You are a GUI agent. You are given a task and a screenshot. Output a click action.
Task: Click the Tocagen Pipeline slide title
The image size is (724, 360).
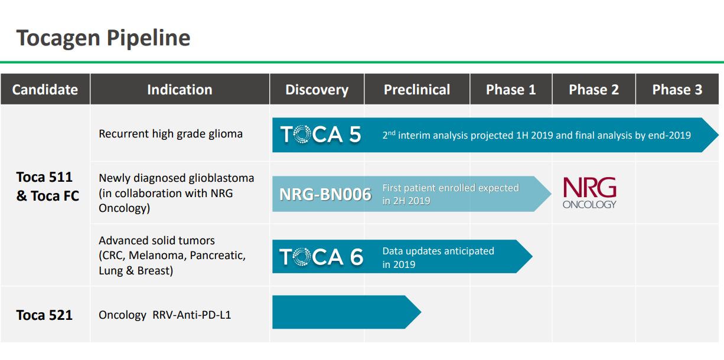click(x=103, y=38)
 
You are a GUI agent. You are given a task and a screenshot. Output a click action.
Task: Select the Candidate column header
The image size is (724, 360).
click(x=45, y=90)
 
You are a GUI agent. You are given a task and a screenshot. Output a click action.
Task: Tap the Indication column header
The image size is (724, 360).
click(x=180, y=90)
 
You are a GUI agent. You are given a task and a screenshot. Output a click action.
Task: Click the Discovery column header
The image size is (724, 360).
click(x=317, y=90)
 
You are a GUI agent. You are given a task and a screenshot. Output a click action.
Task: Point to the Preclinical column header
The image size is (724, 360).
click(x=417, y=90)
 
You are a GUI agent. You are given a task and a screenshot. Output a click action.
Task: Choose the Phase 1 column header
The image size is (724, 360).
click(x=511, y=90)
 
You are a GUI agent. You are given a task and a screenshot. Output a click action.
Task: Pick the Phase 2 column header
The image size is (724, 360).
click(x=593, y=90)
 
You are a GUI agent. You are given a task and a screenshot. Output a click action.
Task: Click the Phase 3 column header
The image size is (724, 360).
click(x=677, y=90)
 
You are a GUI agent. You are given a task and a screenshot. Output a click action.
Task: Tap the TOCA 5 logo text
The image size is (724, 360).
click(x=321, y=135)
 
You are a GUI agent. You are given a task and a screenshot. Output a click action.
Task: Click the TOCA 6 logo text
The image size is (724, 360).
click(x=321, y=257)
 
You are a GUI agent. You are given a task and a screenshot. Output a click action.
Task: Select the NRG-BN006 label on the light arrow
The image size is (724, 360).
click(x=325, y=194)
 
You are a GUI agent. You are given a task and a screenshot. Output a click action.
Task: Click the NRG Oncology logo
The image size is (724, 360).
click(x=589, y=193)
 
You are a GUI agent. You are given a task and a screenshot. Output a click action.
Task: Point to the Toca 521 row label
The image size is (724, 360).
click(x=45, y=315)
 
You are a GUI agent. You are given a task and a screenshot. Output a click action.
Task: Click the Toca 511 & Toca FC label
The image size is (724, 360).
click(x=47, y=186)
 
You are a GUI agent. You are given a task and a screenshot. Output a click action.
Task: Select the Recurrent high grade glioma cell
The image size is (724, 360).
click(x=171, y=133)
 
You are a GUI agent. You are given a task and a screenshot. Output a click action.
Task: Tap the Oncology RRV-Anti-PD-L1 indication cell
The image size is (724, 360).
click(x=165, y=315)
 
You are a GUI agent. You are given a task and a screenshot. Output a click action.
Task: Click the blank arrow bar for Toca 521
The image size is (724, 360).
click(x=347, y=312)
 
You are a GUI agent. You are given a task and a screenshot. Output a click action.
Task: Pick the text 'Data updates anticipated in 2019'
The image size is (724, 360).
click(x=438, y=258)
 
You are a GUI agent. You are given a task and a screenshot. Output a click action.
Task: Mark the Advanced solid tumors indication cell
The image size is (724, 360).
click(x=172, y=256)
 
